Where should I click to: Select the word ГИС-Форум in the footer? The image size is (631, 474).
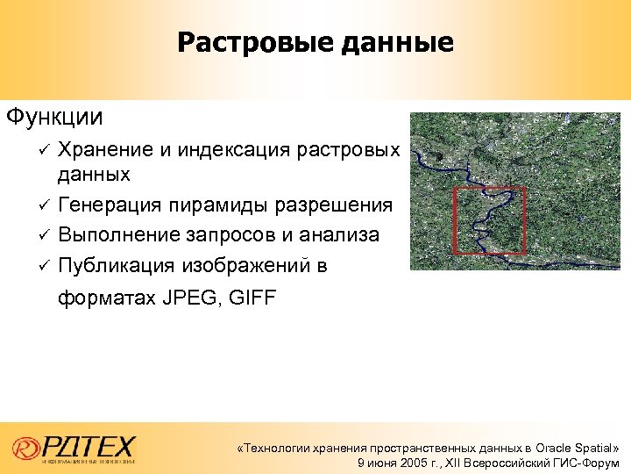[586, 463]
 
